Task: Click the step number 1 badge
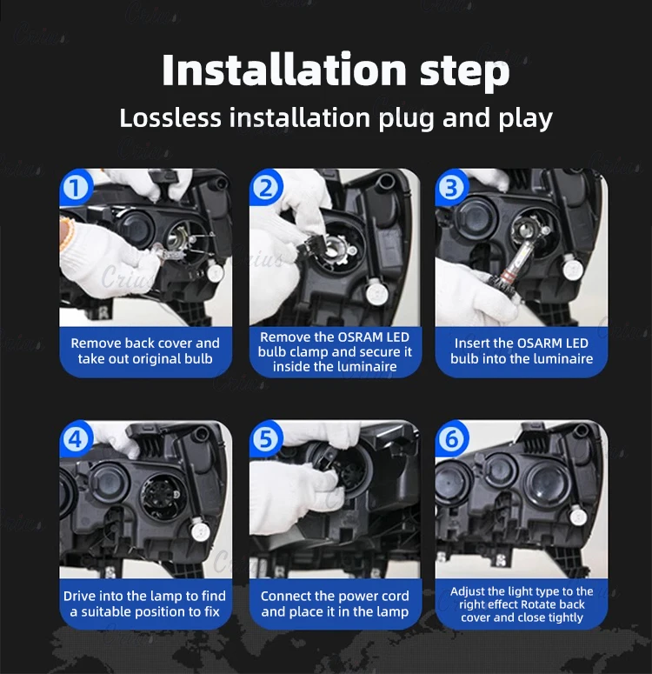pyautogui.click(x=76, y=188)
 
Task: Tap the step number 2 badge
pyautogui.click(x=266, y=188)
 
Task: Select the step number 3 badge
pyautogui.click(x=451, y=188)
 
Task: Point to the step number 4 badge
pyautogui.click(x=76, y=439)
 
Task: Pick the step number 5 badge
pyautogui.click(x=266, y=439)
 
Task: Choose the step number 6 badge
pyautogui.click(x=451, y=439)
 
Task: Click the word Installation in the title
pyautogui.click(x=284, y=70)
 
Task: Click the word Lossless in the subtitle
pyautogui.click(x=170, y=117)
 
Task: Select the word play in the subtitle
pyautogui.click(x=526, y=119)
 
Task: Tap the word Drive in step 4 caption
pyautogui.click(x=78, y=596)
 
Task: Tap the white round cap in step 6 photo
pyautogui.click(x=578, y=517)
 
